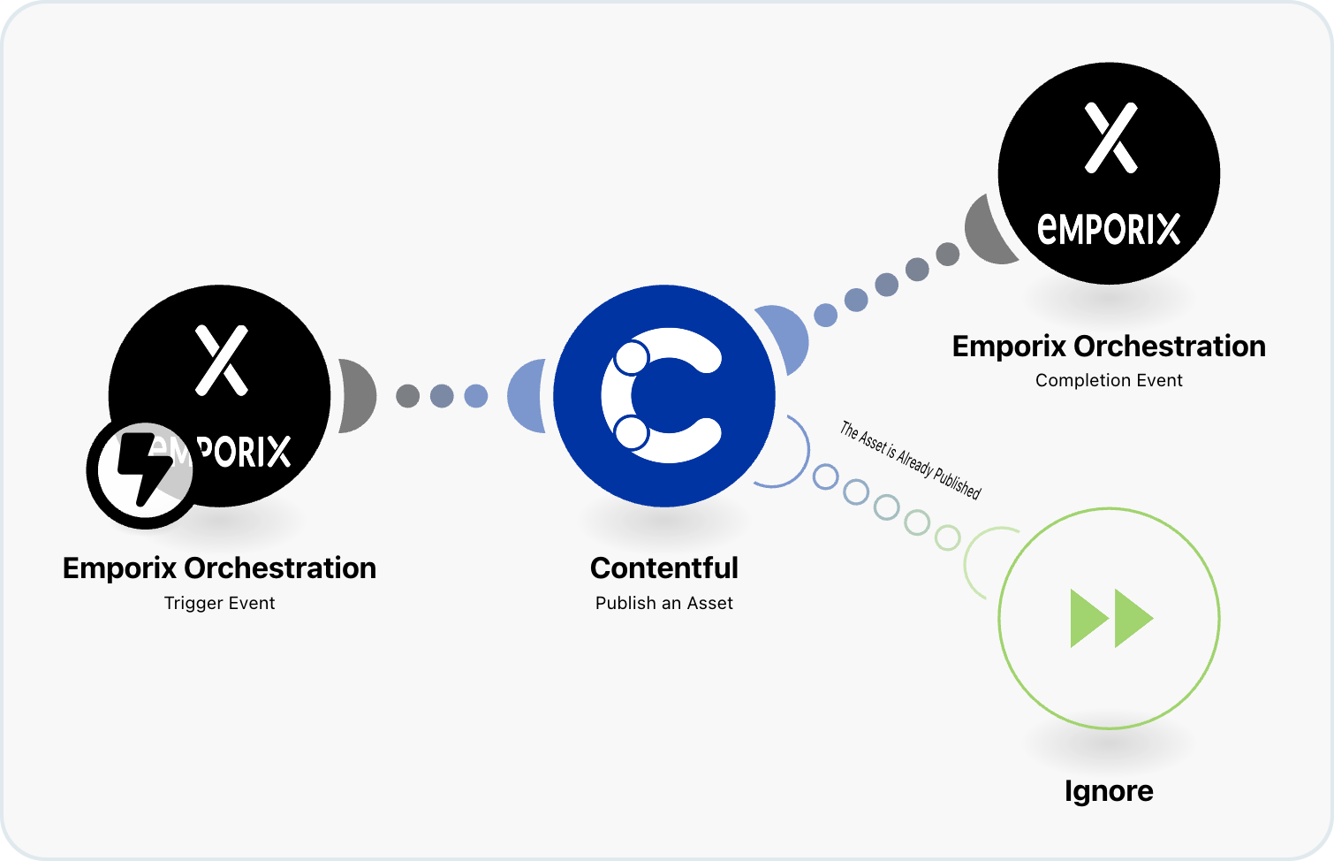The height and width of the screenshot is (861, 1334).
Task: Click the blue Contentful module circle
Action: [x=663, y=395]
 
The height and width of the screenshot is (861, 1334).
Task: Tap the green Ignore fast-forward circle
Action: [x=1109, y=618]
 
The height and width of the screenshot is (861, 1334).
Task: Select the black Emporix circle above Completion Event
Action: [x=1109, y=172]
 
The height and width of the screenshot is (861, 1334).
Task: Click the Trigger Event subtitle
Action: [x=220, y=603]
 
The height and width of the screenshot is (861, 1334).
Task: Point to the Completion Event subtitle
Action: [x=1109, y=380]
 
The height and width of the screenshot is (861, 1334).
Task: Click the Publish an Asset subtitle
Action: [x=663, y=603]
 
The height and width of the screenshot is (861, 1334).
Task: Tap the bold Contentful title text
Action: [x=663, y=568]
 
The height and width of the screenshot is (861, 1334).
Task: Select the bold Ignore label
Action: [x=1109, y=790]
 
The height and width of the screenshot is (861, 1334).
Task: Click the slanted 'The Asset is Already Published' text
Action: [x=910, y=461]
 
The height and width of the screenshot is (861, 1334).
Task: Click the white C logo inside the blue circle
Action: [x=663, y=395]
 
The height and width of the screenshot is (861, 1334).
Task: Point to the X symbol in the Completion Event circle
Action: [x=1110, y=138]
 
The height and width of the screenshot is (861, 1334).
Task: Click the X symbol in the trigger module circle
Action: [x=221, y=360]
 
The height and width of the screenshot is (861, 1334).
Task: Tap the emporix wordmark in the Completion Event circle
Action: [x=1109, y=228]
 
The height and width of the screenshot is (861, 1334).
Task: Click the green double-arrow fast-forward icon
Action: [x=1111, y=619]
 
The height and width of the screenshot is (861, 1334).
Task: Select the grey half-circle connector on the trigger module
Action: [x=358, y=395]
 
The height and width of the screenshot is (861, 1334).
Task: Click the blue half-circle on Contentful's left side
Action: [x=527, y=395]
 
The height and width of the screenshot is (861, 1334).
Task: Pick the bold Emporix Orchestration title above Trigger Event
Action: [x=220, y=568]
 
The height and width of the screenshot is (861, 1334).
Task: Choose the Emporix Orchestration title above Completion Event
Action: [x=1109, y=346]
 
